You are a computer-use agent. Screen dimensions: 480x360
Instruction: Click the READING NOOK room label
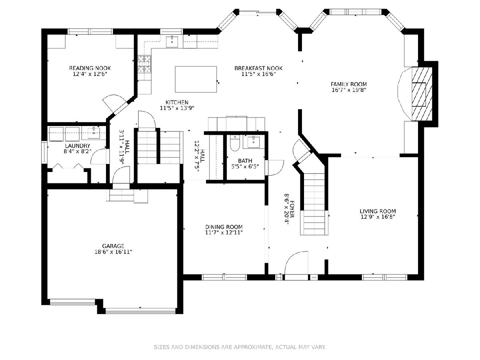90,68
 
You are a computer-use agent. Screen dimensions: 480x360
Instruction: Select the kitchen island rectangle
196,79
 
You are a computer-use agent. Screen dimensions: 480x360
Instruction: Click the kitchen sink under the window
172,42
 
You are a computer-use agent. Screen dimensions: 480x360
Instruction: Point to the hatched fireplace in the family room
422,94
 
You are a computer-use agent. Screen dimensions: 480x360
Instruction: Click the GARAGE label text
113,246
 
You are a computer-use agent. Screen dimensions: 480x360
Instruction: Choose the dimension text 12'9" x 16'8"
378,217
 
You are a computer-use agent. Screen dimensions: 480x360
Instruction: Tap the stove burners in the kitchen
144,64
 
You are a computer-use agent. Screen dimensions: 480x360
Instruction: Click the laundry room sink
94,133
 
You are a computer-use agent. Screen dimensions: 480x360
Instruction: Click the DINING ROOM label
224,227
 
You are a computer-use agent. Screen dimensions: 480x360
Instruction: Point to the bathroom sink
254,142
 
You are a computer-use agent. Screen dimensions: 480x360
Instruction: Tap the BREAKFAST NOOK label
258,68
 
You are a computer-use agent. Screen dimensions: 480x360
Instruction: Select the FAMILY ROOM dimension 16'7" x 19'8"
349,90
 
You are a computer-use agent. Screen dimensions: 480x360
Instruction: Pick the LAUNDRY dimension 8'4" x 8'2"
78,151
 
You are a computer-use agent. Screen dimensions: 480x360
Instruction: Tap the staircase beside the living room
314,204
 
